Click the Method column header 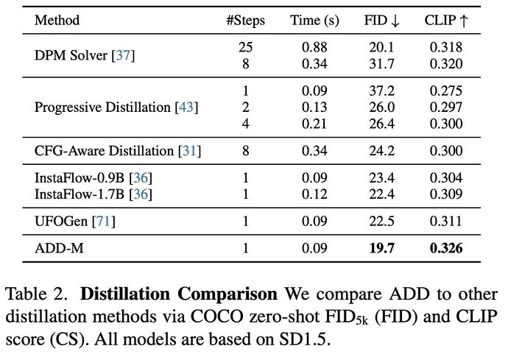click(57, 20)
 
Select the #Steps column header click(246, 20)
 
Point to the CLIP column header click(446, 20)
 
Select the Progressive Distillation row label click(116, 107)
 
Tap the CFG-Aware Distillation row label click(118, 152)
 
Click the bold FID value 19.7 click(381, 249)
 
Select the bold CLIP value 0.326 click(446, 249)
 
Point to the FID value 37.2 click(381, 92)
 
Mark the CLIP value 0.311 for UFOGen click(446, 221)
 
